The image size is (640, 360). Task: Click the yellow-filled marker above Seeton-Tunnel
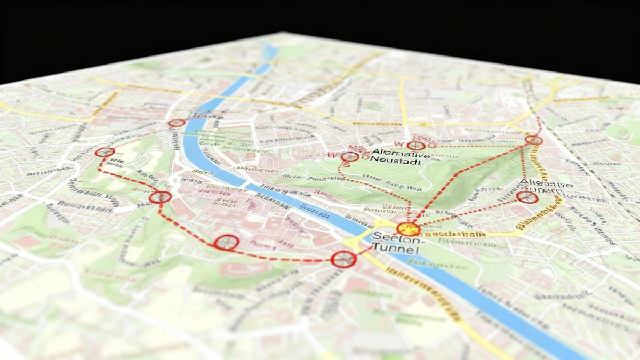click(x=409, y=229)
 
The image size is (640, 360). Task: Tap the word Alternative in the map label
click(x=400, y=153)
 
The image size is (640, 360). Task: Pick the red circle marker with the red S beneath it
click(x=349, y=157)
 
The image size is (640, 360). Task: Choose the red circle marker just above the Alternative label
click(x=415, y=146)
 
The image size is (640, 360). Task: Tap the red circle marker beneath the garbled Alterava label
click(x=527, y=197)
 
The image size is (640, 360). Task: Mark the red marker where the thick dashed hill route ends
click(x=533, y=140)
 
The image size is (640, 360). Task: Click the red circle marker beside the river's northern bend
click(x=176, y=123)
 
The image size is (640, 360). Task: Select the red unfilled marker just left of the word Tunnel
click(x=343, y=259)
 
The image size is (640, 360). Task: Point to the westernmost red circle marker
click(x=105, y=152)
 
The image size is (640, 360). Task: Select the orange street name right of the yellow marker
click(x=453, y=234)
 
